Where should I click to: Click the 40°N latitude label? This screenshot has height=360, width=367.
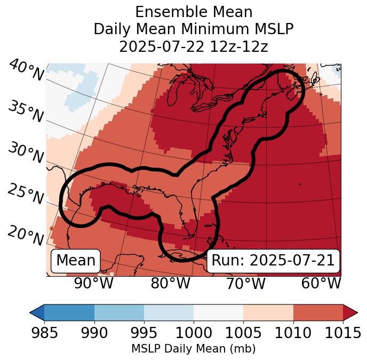click(26, 71)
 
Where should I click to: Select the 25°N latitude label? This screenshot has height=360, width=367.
click(25, 194)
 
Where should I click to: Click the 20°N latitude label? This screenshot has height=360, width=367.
click(25, 235)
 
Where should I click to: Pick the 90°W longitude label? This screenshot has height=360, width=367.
click(93, 283)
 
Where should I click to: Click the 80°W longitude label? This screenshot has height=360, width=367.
click(170, 283)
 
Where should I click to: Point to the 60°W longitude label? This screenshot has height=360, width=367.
click(321, 283)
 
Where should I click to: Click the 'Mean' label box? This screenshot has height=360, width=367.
click(76, 261)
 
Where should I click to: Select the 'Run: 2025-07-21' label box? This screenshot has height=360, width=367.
click(273, 261)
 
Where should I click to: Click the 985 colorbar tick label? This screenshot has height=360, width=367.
click(44, 333)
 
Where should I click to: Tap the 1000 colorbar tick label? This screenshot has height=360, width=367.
click(194, 333)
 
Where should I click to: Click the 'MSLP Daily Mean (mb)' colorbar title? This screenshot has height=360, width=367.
click(194, 349)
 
